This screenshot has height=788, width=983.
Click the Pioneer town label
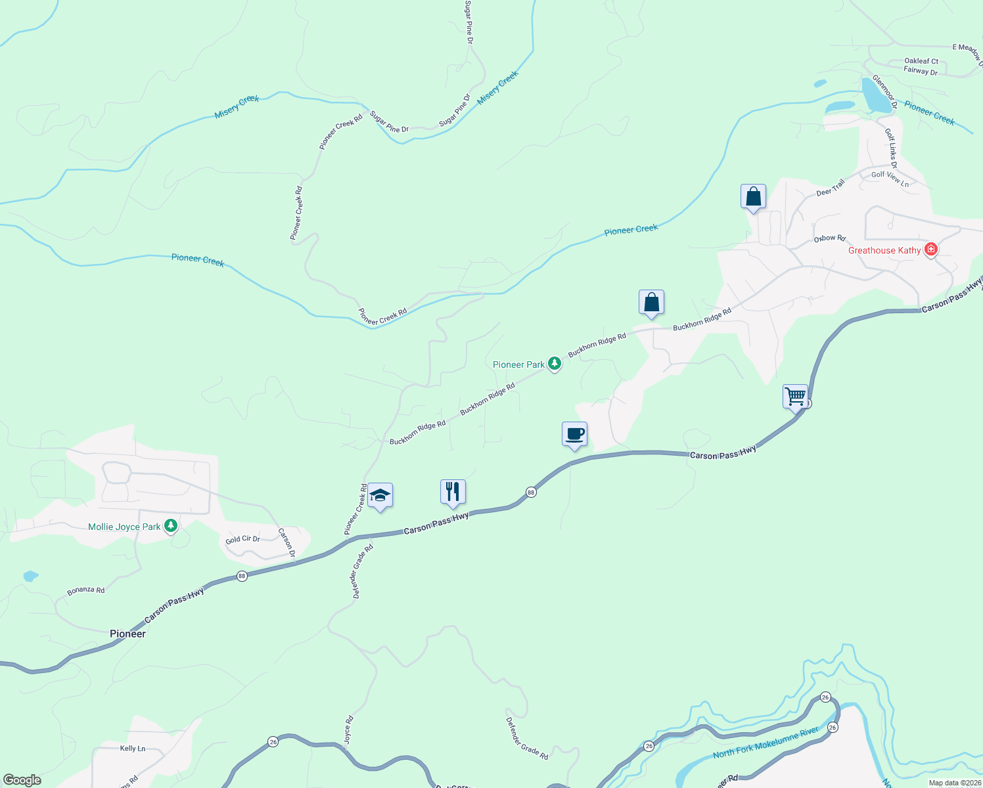pos(127,634)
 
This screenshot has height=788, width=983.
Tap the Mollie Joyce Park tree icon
pos(171,526)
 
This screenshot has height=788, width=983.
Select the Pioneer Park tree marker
pos(555,364)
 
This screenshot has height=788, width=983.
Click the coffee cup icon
pos(574,434)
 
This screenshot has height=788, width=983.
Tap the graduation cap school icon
pos(380,495)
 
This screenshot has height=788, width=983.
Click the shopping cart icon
pos(795,397)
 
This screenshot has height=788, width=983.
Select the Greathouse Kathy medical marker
pos(930,250)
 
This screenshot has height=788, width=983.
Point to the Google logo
pos(22,780)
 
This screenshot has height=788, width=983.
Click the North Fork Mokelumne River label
pos(766,743)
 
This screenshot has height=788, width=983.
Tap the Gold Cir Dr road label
pos(242,539)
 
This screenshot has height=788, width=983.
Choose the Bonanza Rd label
pos(86,590)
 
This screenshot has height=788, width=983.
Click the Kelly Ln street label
pos(133,748)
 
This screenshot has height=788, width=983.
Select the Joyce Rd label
pos(348,730)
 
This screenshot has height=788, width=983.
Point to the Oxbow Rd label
pos(829,238)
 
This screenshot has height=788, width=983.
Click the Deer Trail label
pos(831,188)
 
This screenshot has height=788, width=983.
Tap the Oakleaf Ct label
pos(921,61)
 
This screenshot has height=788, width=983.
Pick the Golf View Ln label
pos(890,179)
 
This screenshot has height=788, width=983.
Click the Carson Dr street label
pos(286,542)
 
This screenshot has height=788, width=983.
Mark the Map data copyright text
pos(954,783)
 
